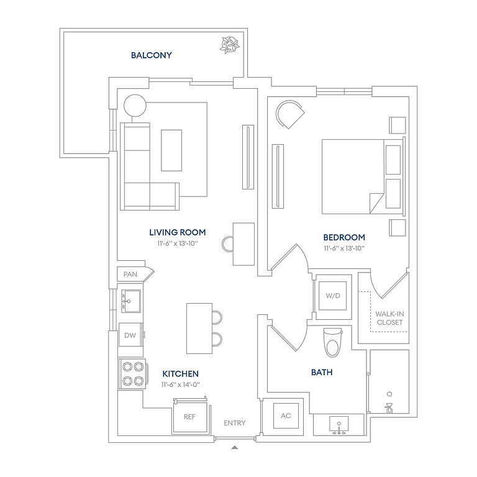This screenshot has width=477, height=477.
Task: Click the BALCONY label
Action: point(151,55)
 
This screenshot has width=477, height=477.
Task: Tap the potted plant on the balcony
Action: point(230,45)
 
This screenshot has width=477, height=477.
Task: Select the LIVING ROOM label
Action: point(178,232)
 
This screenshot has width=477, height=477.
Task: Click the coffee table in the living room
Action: point(171,150)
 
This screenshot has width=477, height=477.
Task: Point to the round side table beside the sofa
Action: point(135,106)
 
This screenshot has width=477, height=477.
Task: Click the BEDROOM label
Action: point(344,237)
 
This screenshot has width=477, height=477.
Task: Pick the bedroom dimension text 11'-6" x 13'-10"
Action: point(344,248)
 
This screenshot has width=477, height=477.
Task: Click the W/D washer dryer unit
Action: point(332,296)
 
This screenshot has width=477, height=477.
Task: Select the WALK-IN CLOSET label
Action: point(389,318)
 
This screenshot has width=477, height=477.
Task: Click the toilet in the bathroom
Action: point(332,343)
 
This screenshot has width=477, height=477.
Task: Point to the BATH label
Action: point(322,373)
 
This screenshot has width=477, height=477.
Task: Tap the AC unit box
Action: point(286,416)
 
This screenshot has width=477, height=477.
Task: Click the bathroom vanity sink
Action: point(338,425)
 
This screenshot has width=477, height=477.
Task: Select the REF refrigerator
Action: point(189,416)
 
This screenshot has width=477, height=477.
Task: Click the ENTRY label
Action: point(235,423)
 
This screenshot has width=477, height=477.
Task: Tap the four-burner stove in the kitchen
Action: point(134,374)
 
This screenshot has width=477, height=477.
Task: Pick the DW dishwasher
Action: point(130,335)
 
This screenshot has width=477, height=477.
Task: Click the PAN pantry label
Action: point(130,274)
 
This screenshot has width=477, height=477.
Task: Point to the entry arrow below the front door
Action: point(234,447)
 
